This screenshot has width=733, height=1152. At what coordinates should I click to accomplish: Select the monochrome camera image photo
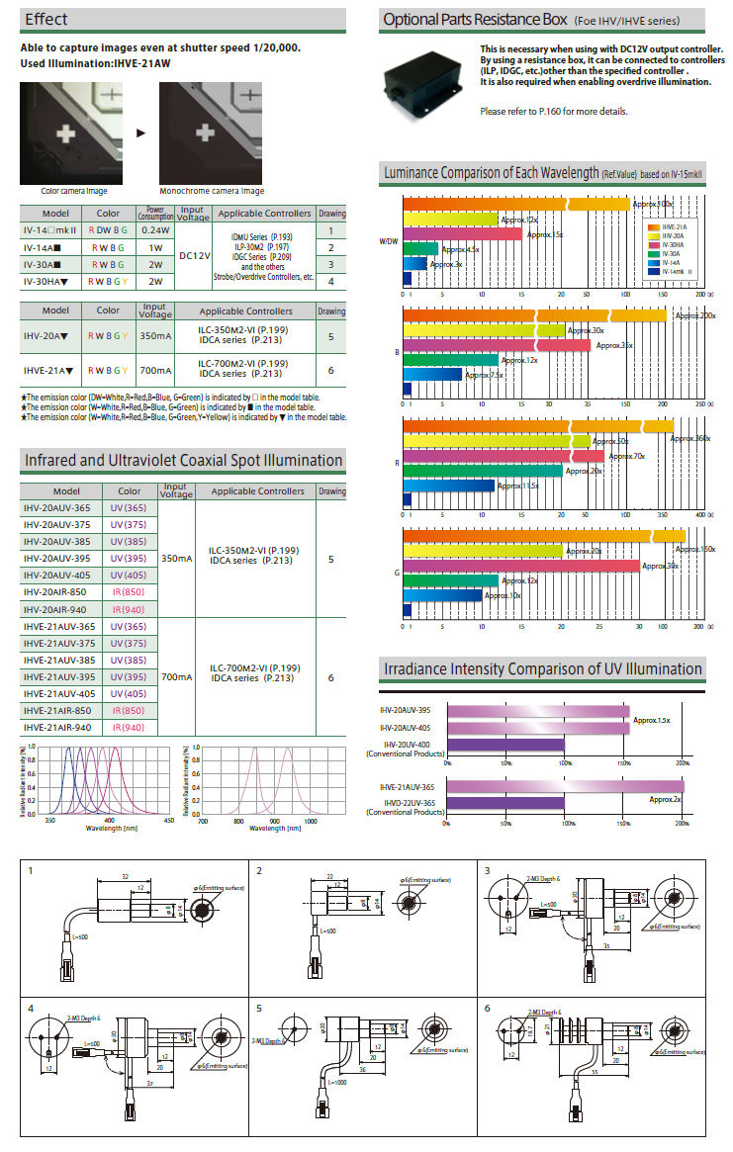coord(212,133)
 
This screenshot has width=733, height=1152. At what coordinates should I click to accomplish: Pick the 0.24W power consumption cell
coord(155,229)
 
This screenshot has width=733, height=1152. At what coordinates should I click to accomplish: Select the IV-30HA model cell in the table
coord(48,281)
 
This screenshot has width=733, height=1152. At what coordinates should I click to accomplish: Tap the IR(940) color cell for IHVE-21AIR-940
coord(128,727)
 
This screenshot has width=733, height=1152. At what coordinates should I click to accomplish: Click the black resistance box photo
coord(424,82)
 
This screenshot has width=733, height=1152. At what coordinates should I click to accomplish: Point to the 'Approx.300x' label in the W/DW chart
coord(653,204)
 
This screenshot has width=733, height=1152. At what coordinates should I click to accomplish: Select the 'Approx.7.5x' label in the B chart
coord(484,375)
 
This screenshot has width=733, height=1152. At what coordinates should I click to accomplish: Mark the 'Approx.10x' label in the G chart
coord(502,595)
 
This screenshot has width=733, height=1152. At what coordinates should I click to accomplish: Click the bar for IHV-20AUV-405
coord(537,728)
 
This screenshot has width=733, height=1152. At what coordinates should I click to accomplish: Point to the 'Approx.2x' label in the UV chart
coord(665,798)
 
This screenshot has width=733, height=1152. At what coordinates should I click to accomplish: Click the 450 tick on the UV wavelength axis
coord(167,820)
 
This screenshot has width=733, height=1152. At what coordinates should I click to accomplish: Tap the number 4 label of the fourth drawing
coord(32,1009)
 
